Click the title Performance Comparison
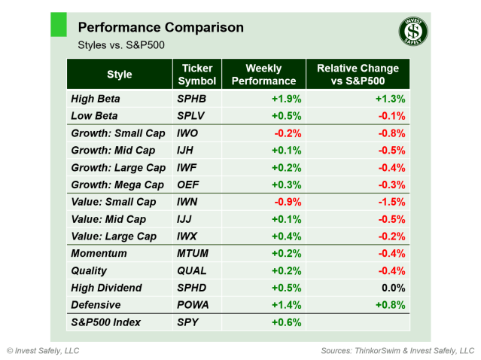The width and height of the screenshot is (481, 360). pyautogui.click(x=160, y=28)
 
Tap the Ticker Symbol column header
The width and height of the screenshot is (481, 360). pyautogui.click(x=198, y=75)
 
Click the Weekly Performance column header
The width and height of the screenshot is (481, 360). pyautogui.click(x=263, y=75)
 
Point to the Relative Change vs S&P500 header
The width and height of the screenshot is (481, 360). pyautogui.click(x=358, y=75)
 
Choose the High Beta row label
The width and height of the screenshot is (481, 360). pyautogui.click(x=95, y=99)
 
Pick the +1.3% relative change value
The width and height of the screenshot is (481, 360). pyautogui.click(x=391, y=99)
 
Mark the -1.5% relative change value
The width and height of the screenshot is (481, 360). pyautogui.click(x=391, y=202)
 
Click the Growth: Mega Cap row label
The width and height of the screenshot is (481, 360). pyautogui.click(x=117, y=185)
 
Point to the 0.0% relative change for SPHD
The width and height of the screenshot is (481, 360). pyautogui.click(x=394, y=288)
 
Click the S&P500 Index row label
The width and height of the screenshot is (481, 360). pyautogui.click(x=105, y=322)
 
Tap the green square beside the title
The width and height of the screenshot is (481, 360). pyautogui.click(x=59, y=24)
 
